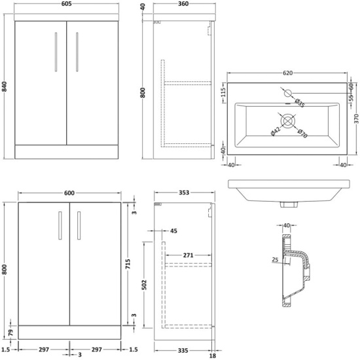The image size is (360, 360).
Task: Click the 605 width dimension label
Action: (67, 4)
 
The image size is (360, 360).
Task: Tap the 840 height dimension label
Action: (5, 86)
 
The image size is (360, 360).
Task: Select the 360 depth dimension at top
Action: (183, 4)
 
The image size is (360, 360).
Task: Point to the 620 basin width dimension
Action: (287, 73)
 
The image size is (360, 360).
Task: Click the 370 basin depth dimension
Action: (356, 118)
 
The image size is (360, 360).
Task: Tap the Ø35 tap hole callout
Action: (299, 103)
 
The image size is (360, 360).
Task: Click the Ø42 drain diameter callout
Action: (276, 132)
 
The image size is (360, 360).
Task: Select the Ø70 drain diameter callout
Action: (302, 134)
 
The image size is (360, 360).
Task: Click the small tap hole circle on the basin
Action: (288, 93)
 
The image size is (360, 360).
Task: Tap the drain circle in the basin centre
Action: (287, 121)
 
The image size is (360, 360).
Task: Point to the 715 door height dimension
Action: (128, 264)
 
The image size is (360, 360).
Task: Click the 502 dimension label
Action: (144, 285)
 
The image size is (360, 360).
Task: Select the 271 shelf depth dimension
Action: (188, 255)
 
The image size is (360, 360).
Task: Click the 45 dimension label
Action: (173, 231)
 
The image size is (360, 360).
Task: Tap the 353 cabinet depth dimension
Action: (184, 192)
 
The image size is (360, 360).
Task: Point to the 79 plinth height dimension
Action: (10, 333)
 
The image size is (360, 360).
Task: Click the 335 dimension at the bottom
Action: (183, 351)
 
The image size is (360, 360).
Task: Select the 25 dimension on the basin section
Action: (275, 260)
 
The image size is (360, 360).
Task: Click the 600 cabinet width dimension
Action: (69, 193)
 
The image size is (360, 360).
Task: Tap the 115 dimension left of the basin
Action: (223, 92)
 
